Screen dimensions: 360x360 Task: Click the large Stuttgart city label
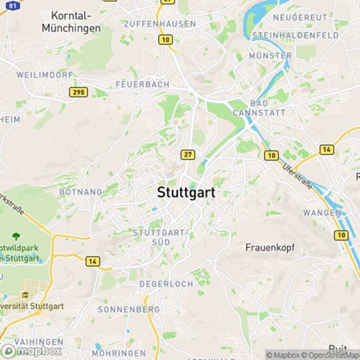(x=186, y=193)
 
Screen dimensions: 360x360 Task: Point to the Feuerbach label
(x=142, y=84)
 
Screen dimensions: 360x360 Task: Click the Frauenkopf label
(x=270, y=247)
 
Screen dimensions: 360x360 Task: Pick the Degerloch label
(x=166, y=284)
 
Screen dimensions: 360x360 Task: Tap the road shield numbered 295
(x=78, y=92)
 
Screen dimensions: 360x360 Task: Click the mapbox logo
(x=32, y=351)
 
